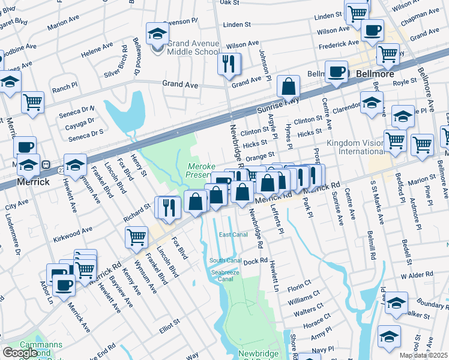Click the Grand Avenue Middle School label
[x=193, y=48]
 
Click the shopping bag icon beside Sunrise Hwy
[x=289, y=88]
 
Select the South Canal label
[x=225, y=260]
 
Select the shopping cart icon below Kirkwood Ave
[x=136, y=236]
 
